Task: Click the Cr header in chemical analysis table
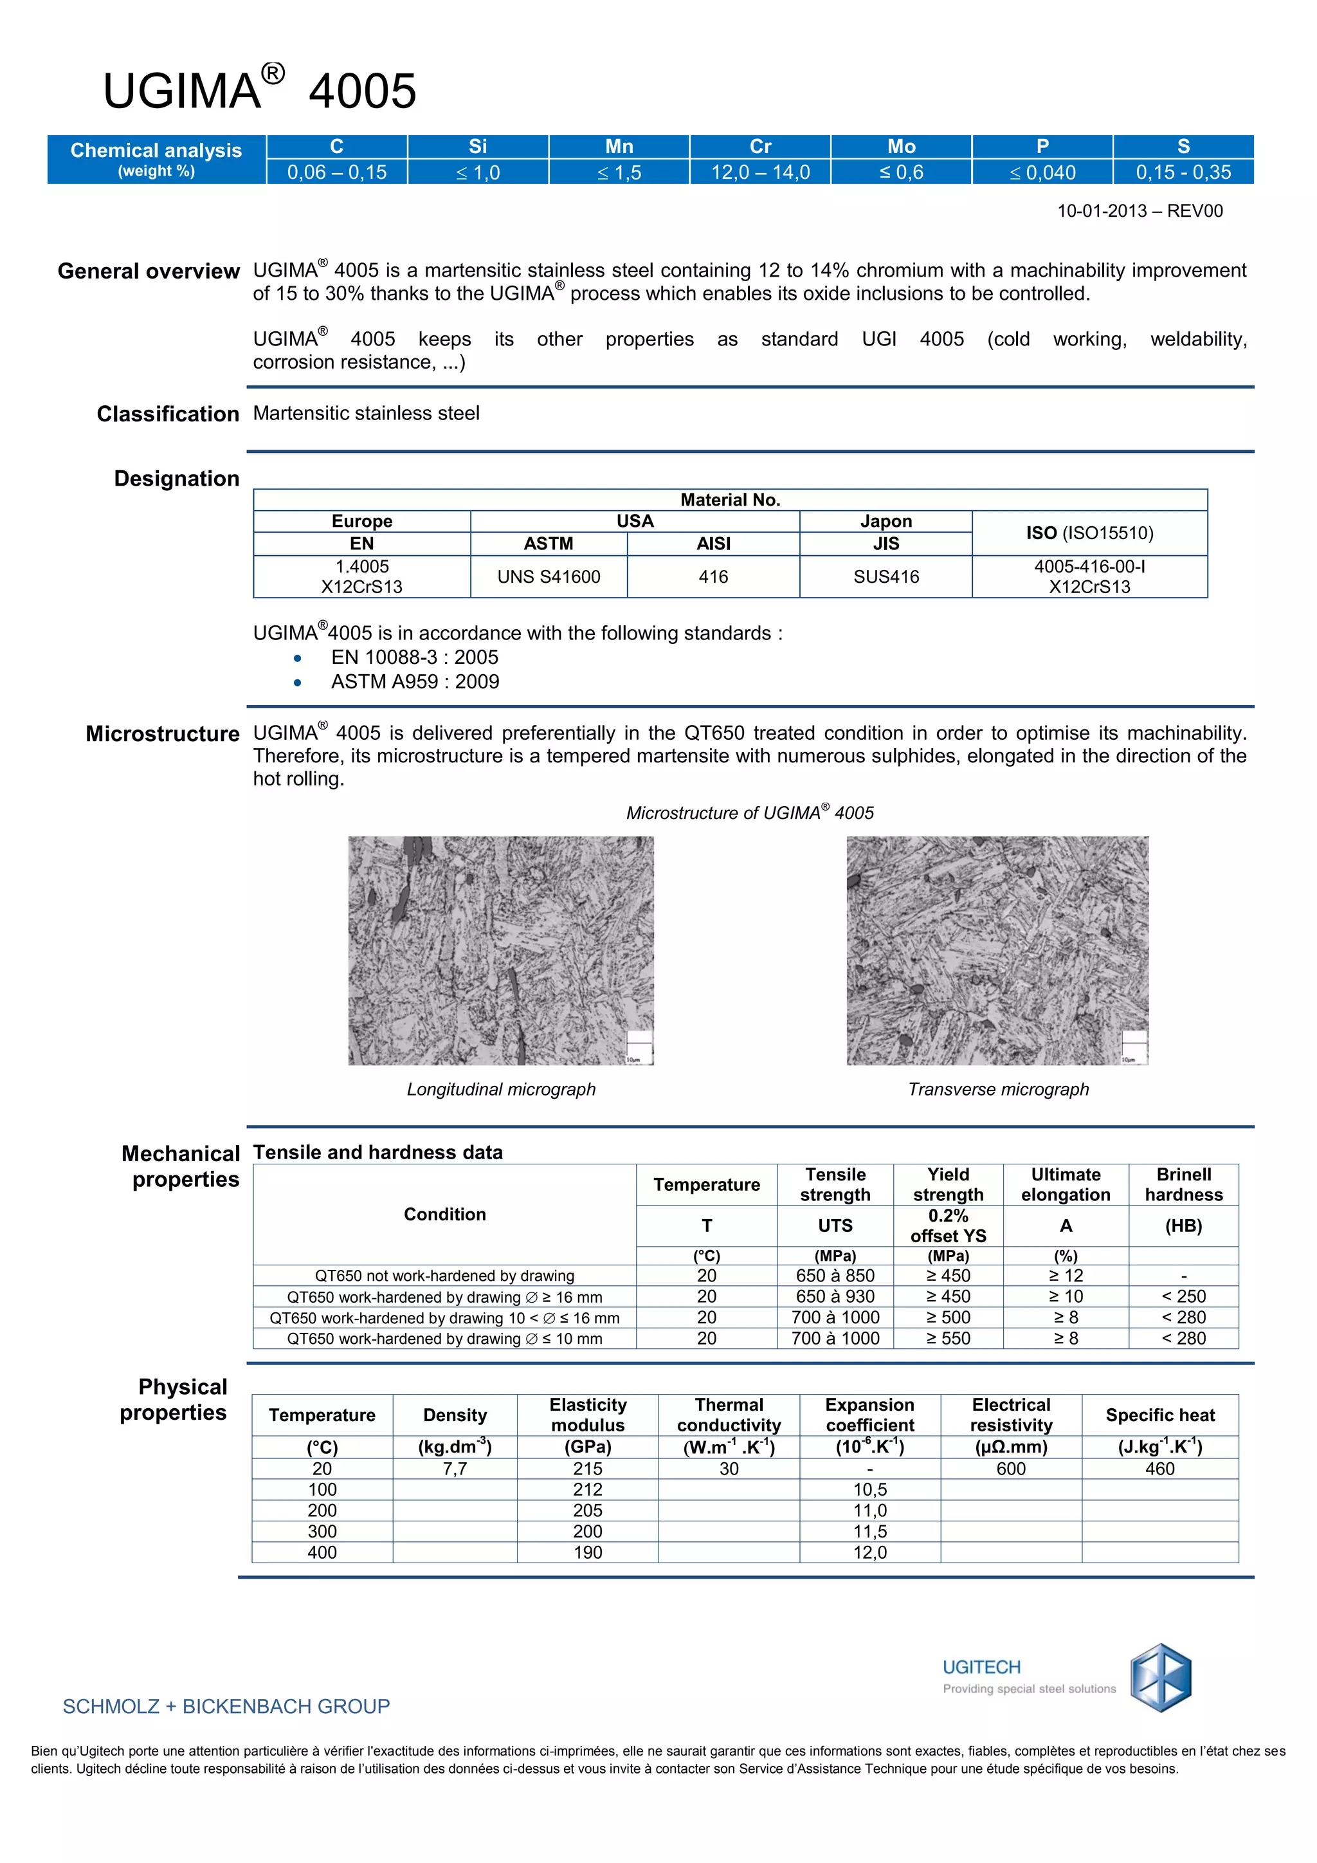tap(760, 147)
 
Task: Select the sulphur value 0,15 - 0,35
tap(1183, 172)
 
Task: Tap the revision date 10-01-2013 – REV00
tap(1140, 211)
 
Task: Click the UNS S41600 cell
tap(549, 577)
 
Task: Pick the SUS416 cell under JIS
tap(886, 577)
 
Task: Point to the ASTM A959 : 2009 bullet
tap(414, 682)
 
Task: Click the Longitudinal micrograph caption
tap(501, 1089)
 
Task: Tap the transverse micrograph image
tap(997, 950)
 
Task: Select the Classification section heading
tap(168, 414)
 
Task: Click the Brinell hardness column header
tap(1183, 1185)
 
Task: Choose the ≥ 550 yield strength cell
tap(948, 1338)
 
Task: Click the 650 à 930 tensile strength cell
tap(835, 1297)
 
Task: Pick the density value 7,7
tap(455, 1469)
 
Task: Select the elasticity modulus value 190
tap(588, 1552)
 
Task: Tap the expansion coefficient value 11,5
tap(869, 1531)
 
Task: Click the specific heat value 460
tap(1159, 1469)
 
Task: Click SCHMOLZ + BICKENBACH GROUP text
tap(226, 1707)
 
